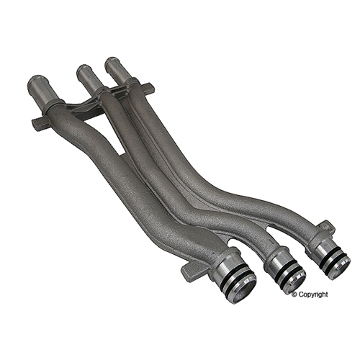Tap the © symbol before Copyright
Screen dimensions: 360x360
click(x=294, y=294)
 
